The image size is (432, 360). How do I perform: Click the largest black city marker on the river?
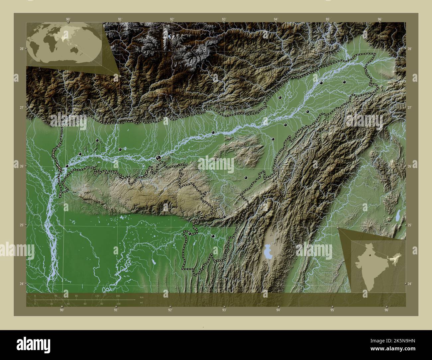(x=159, y=158)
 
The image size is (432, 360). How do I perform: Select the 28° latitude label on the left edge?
(x=21, y=49)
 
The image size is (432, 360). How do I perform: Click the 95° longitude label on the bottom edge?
(x=332, y=310)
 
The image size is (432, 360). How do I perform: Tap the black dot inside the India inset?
(x=370, y=255)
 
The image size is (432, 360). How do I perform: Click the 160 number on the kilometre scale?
(x=118, y=296)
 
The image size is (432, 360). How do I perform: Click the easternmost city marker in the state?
(x=345, y=82)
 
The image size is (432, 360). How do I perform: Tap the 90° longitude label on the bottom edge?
(x=62, y=310)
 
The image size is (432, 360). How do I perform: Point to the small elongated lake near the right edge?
(x=397, y=216)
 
